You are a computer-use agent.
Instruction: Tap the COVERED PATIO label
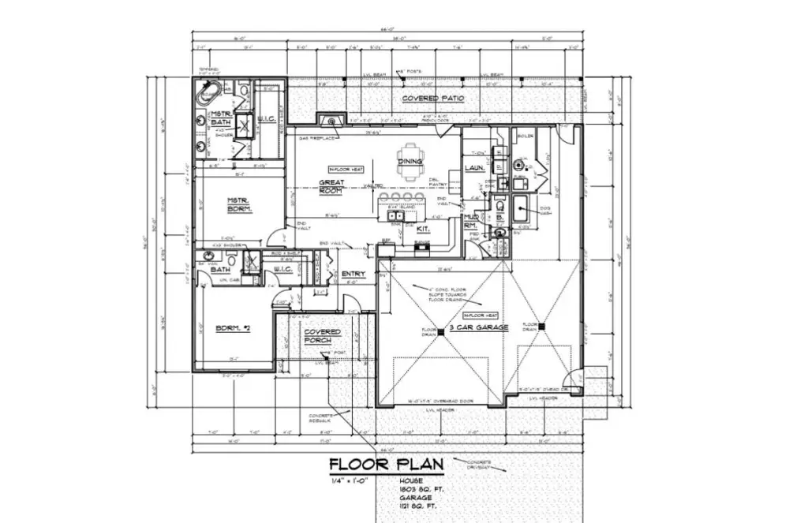pyautogui.click(x=432, y=99)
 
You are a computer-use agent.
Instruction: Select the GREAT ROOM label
pyautogui.click(x=331, y=187)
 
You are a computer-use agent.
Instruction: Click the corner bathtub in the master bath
pyautogui.click(x=208, y=99)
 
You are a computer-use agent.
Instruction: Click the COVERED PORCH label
pyautogui.click(x=322, y=337)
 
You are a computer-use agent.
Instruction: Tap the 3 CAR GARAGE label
pyautogui.click(x=479, y=327)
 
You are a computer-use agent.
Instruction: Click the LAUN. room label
pyautogui.click(x=474, y=167)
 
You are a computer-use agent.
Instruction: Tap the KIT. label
pyautogui.click(x=422, y=229)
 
